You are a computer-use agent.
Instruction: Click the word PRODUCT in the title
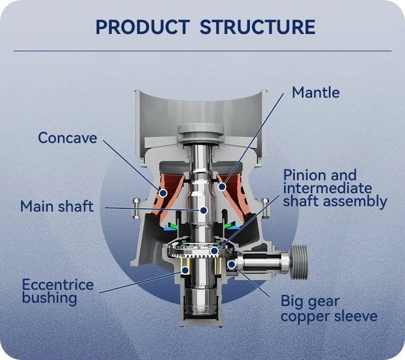pos(142,26)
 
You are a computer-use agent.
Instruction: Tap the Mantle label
pos(315,92)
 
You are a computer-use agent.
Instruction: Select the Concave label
pos(67,138)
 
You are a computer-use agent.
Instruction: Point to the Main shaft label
pos(57,206)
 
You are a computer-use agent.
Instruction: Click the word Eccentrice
pos(58,284)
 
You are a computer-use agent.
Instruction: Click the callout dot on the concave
pos(162,192)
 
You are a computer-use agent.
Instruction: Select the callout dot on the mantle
pos(222,187)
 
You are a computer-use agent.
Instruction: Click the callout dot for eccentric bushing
pos(185,269)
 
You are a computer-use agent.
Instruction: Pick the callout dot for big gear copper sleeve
pos(232,264)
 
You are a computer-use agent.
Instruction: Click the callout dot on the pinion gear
pos(215,250)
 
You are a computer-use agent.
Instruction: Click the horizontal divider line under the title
pos(202,51)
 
